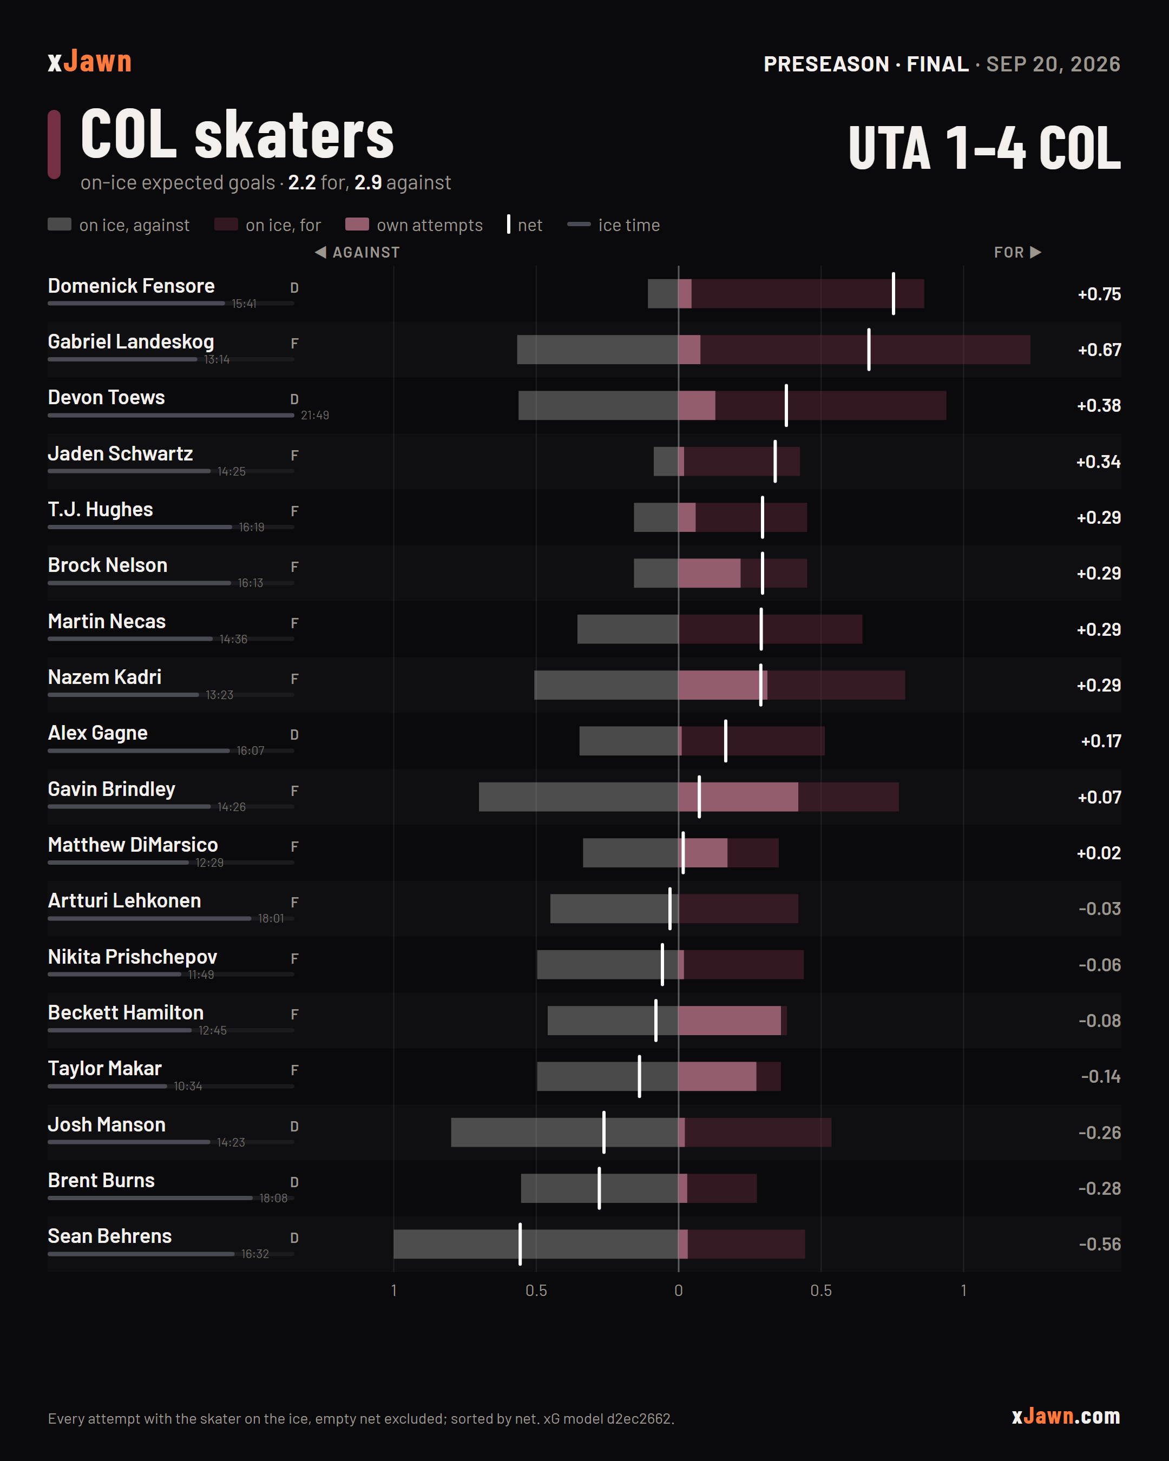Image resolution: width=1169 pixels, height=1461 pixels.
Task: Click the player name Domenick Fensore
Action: (131, 286)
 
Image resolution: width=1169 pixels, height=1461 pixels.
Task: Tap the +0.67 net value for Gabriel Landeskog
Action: (1099, 350)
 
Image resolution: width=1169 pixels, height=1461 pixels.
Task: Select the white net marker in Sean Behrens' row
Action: (520, 1244)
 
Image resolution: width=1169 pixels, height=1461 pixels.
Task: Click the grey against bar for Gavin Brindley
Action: (578, 797)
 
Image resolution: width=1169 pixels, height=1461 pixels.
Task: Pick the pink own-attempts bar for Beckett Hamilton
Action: (729, 1021)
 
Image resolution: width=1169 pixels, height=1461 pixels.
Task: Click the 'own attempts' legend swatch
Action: (357, 225)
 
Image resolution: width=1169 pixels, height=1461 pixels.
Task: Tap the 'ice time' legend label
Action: (629, 225)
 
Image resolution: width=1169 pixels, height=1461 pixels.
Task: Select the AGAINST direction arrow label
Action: (357, 252)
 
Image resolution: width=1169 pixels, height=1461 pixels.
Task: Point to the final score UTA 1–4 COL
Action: (984, 148)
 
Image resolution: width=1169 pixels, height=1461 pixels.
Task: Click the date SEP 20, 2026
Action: (1053, 64)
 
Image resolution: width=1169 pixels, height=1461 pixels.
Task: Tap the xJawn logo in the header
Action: (89, 62)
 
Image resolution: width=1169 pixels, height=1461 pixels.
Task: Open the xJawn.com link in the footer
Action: (1066, 1416)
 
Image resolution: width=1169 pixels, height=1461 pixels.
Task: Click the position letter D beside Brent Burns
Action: (294, 1182)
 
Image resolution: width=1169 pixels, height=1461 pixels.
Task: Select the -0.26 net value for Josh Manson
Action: (1099, 1133)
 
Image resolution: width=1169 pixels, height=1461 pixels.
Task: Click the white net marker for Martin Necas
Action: (761, 629)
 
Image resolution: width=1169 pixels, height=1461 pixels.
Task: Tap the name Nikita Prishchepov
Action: (132, 957)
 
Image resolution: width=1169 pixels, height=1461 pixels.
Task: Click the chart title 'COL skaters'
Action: (237, 135)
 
